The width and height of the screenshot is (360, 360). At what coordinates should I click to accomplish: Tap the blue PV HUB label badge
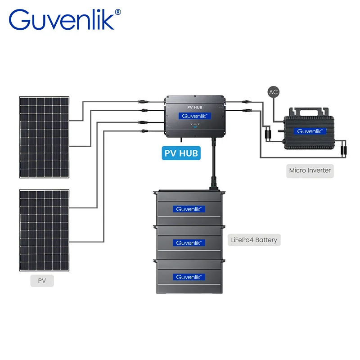click(x=181, y=153)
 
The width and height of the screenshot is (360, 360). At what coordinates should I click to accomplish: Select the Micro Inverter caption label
click(x=310, y=171)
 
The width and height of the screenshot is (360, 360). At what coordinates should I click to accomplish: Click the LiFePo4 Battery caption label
click(x=255, y=239)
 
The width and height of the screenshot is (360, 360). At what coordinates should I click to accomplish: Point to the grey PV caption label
click(x=42, y=280)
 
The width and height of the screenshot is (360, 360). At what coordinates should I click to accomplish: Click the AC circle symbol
click(x=273, y=92)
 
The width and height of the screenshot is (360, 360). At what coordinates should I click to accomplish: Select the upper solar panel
click(x=44, y=137)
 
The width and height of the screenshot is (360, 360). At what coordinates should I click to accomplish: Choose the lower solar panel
click(x=44, y=230)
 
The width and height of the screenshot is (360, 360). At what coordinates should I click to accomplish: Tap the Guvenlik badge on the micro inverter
click(x=310, y=131)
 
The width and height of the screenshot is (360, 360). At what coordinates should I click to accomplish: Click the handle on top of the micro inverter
click(x=310, y=112)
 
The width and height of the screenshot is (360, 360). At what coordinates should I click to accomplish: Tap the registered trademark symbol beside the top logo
click(x=118, y=13)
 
